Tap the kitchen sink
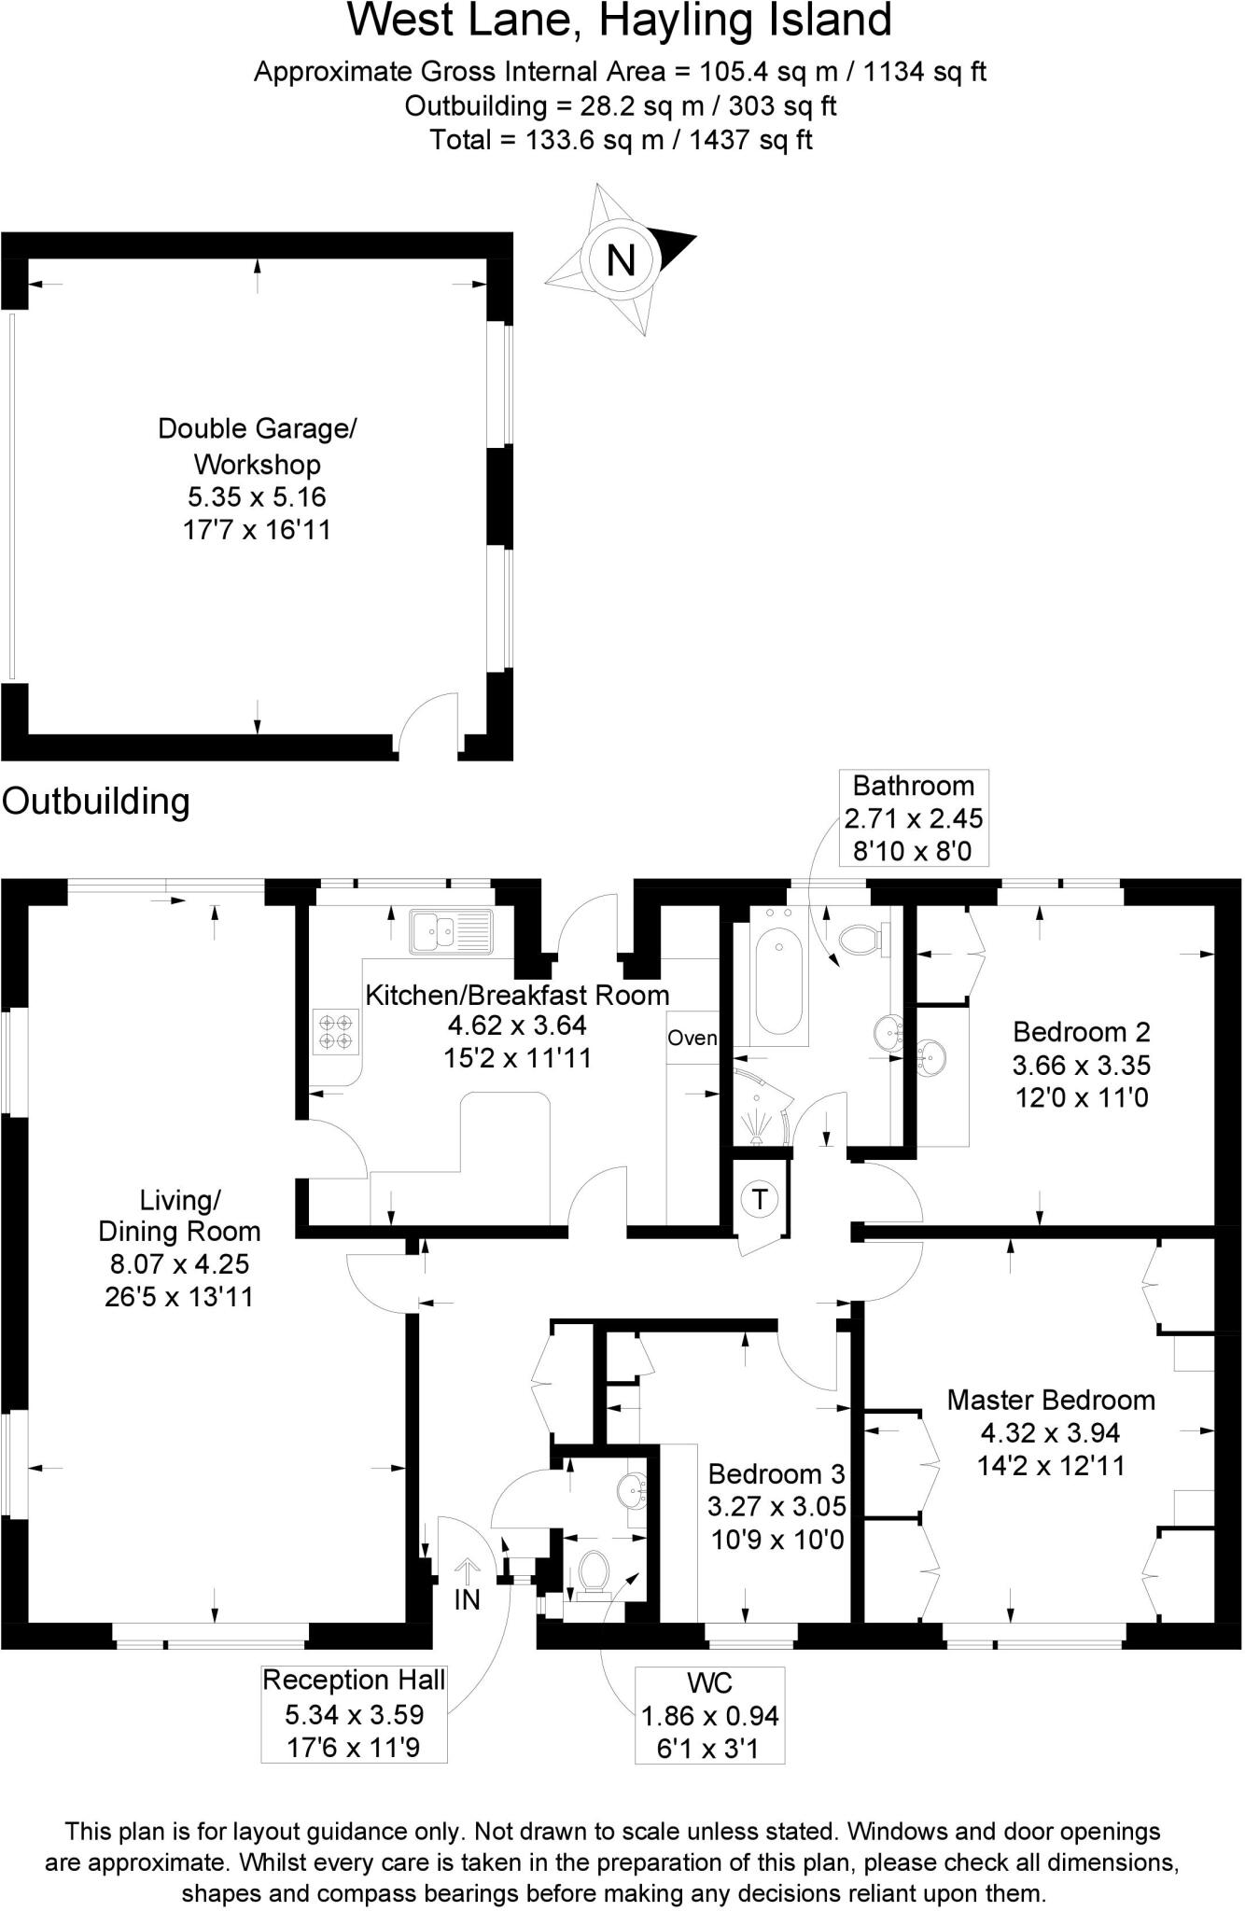point(451,931)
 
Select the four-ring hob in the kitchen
point(336,1031)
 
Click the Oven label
point(692,1038)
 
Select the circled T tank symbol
point(760,1198)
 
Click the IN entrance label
point(467,1599)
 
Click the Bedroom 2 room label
point(1082,1032)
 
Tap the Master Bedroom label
point(1051,1400)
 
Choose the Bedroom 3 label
point(776,1473)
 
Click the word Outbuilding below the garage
point(96,802)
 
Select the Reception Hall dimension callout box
point(354,1713)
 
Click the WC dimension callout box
point(709,1715)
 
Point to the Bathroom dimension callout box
point(914,817)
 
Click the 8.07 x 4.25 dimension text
point(180,1263)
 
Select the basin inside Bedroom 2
point(931,1057)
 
